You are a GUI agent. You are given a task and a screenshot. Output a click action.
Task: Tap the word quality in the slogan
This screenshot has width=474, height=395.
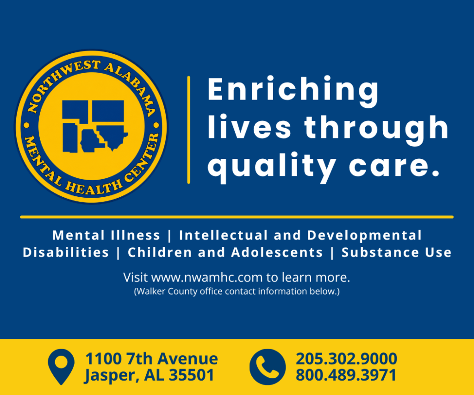(x=272, y=167)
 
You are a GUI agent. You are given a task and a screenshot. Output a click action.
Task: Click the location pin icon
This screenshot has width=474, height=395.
(x=61, y=367)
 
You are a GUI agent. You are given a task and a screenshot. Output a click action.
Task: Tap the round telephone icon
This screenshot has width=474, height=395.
(x=268, y=367)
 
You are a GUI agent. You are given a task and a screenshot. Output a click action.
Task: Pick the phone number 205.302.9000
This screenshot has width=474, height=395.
(x=346, y=359)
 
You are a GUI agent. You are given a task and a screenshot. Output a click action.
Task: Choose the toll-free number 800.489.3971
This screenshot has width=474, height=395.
(x=346, y=375)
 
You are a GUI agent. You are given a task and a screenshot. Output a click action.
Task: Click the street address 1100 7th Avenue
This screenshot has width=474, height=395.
(x=151, y=359)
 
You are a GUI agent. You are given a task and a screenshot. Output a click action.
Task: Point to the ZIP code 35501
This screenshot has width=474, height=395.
(x=191, y=375)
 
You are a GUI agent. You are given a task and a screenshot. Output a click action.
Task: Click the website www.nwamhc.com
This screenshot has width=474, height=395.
(x=207, y=277)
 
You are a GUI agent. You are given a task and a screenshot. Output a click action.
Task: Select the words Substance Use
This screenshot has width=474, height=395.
(x=396, y=252)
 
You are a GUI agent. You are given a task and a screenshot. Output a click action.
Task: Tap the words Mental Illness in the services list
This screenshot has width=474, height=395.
(x=106, y=235)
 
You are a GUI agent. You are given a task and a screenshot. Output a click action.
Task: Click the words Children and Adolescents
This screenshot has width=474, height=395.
(x=225, y=252)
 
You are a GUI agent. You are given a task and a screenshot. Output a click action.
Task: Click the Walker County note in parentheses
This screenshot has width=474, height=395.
(x=237, y=291)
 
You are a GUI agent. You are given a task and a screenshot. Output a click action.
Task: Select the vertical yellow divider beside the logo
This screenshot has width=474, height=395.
(x=189, y=130)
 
